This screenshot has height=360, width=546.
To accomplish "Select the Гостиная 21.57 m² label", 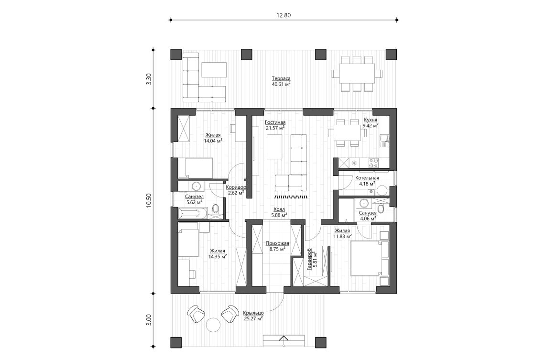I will click(x=275, y=125).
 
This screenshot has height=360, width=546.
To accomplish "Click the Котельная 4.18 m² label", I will click(x=367, y=180).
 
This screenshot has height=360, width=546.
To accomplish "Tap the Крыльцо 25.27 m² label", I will click(x=253, y=315).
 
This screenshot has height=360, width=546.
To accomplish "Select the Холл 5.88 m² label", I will click(x=279, y=212).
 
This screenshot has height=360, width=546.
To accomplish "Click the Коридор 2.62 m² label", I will click(x=236, y=190).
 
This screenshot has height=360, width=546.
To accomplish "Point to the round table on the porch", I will click(x=213, y=326).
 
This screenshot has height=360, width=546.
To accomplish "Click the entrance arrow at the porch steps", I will click(x=284, y=340).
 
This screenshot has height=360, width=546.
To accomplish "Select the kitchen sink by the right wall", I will click(x=383, y=141).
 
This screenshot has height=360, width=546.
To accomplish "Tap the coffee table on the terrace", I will click(x=214, y=70).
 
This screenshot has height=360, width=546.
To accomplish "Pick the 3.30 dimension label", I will click(x=149, y=79).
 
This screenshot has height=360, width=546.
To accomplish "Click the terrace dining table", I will click(x=357, y=73).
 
